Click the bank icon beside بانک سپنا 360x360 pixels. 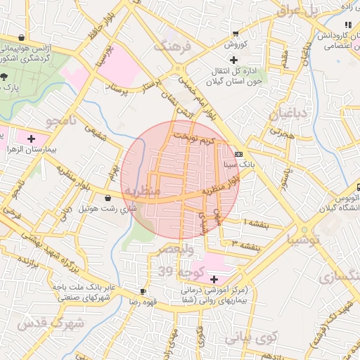point(239,154)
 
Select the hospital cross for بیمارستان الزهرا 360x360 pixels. point(31,139)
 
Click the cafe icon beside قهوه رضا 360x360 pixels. point(143,290)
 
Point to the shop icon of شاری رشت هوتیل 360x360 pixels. point(108,198)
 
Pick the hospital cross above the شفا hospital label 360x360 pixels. point(214,279)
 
